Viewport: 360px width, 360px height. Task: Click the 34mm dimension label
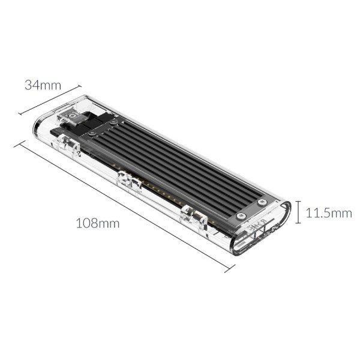click(x=43, y=85)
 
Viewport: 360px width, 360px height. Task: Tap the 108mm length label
click(x=97, y=223)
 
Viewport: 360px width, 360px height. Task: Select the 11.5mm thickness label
click(x=329, y=213)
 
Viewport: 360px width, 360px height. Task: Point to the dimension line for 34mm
click(x=50, y=100)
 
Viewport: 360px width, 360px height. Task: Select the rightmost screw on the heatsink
click(x=262, y=203)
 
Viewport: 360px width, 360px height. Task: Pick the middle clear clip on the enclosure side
click(x=126, y=179)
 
